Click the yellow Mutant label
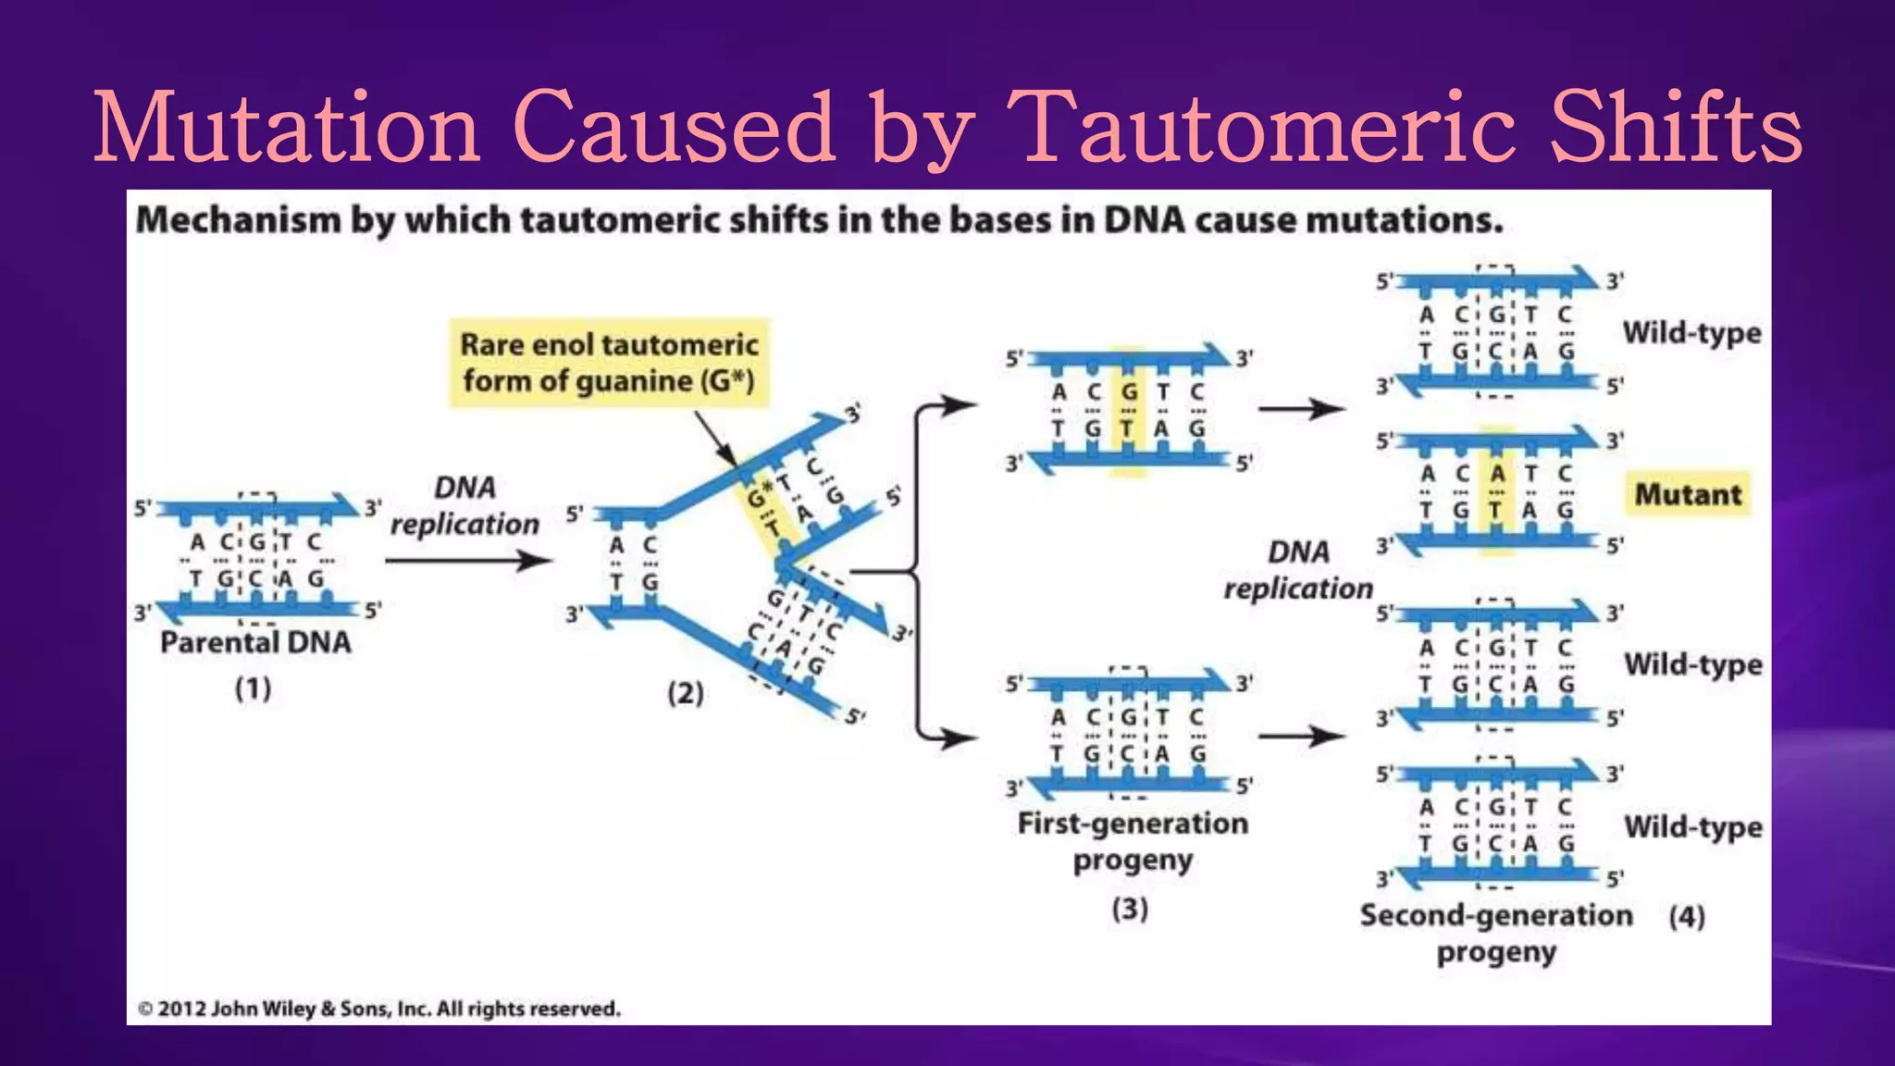[x=1688, y=494]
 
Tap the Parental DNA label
[x=255, y=642]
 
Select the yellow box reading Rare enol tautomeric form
[x=609, y=363]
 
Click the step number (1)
[x=252, y=688]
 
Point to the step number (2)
[x=686, y=693]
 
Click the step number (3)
[x=1130, y=909]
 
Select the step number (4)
[x=1687, y=916]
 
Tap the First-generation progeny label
[x=1133, y=841]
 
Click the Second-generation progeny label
[x=1496, y=933]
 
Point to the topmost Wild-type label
[x=1691, y=332]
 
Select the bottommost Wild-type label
[x=1693, y=826]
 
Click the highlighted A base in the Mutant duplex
[x=1497, y=474]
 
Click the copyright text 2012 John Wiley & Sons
[x=379, y=1009]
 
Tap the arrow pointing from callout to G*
[x=714, y=439]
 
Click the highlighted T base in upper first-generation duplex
[x=1127, y=428]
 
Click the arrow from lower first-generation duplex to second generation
[x=1301, y=737]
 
